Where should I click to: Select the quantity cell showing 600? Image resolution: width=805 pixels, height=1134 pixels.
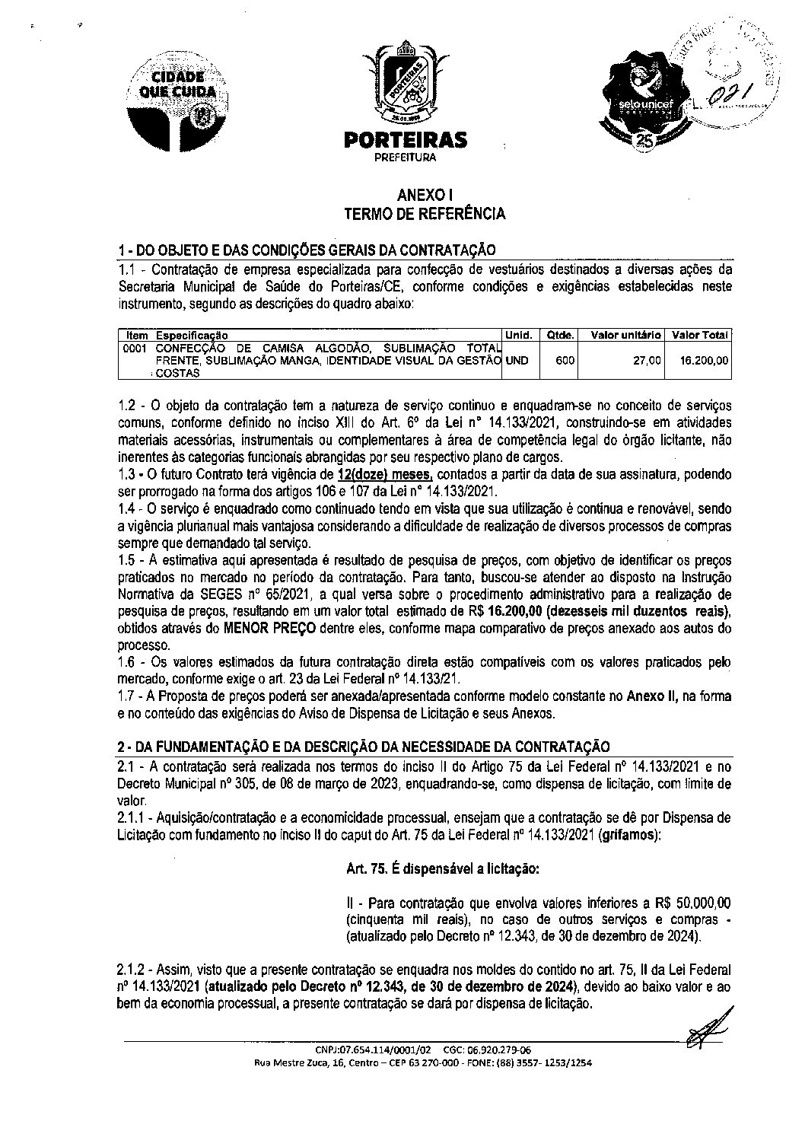(564, 360)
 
